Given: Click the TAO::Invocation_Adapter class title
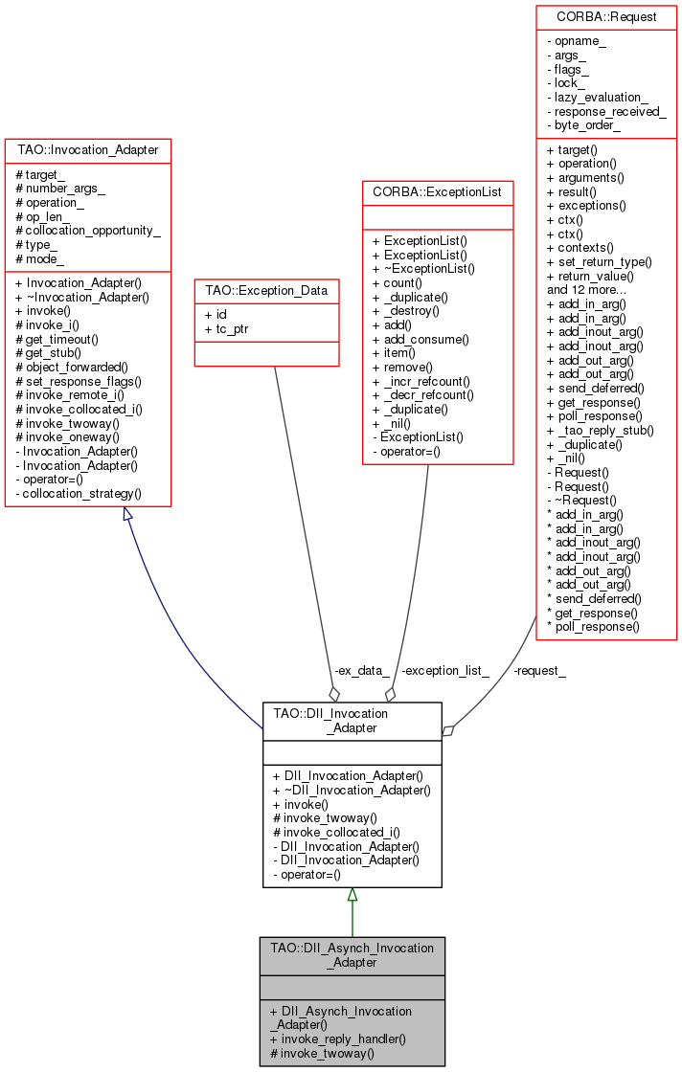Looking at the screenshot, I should (x=88, y=150).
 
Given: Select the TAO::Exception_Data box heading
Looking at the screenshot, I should (x=266, y=290).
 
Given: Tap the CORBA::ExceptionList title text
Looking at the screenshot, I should (x=438, y=192).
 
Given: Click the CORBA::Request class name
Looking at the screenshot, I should (x=606, y=16).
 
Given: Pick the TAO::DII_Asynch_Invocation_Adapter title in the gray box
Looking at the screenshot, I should (x=352, y=954).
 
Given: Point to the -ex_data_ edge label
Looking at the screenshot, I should (x=361, y=671).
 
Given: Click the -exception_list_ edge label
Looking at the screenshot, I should (x=445, y=671).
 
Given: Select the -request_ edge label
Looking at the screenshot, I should (x=539, y=671).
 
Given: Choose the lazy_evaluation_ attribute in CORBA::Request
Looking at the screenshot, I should (x=601, y=97).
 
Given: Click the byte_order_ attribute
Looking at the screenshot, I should (x=586, y=124).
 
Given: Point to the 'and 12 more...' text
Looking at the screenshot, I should (x=587, y=289).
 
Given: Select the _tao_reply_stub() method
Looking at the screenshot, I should (x=600, y=430).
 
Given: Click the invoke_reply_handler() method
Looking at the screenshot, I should (x=338, y=1038).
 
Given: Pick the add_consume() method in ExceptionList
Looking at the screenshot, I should (x=421, y=339).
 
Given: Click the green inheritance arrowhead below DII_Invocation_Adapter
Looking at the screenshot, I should (x=352, y=896).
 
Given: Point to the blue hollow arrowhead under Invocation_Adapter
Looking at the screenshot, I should (x=126, y=514).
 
